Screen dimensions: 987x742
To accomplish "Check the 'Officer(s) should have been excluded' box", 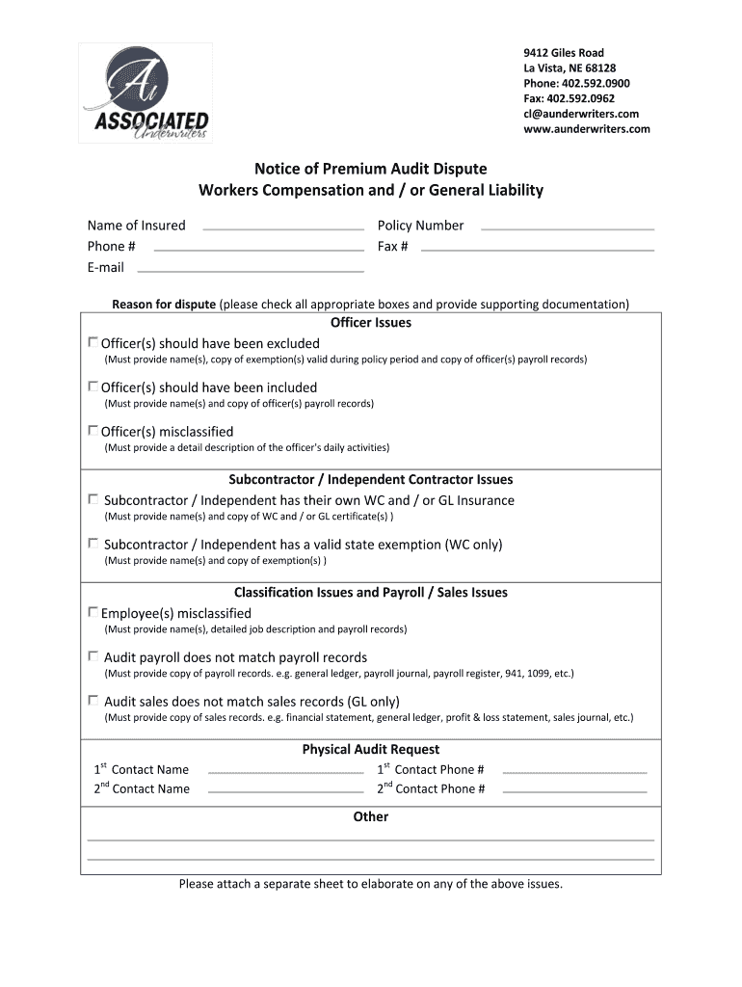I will [93, 342].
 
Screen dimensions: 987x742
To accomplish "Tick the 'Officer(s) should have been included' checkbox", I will [93, 387].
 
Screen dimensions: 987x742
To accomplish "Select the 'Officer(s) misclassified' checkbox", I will [93, 431].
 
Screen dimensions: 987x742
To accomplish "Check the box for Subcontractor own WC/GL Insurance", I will [93, 499].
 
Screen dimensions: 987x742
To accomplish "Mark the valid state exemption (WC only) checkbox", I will [93, 544].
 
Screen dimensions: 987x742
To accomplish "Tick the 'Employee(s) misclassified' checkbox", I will [93, 612].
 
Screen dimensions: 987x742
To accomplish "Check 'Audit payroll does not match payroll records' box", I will [93, 656].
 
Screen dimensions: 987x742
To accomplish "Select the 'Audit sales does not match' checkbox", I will [93, 701].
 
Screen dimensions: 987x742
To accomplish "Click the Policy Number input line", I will [567, 228].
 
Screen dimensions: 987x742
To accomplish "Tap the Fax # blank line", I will [538, 249].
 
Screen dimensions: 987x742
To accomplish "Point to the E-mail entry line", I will [250, 269].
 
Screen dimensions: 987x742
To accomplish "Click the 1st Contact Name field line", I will [285, 772].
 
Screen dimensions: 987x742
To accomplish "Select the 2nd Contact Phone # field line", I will [575, 791].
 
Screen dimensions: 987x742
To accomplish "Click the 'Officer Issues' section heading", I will [371, 323].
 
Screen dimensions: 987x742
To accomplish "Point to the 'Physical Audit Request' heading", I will [371, 749].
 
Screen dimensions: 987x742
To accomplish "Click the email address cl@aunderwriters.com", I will [581, 114].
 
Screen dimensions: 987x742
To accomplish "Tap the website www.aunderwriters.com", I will [586, 129].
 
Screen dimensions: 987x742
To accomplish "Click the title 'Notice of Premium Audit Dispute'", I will [371, 169].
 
